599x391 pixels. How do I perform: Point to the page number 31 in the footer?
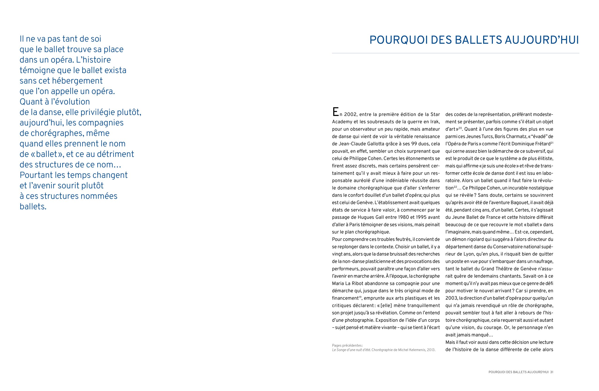[x=551, y=372]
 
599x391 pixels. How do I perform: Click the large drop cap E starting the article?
[x=335, y=112]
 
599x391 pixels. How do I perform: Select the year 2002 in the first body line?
[x=350, y=114]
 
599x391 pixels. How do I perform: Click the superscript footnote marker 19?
[x=360, y=297]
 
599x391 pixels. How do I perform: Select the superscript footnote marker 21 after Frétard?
[x=552, y=143]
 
